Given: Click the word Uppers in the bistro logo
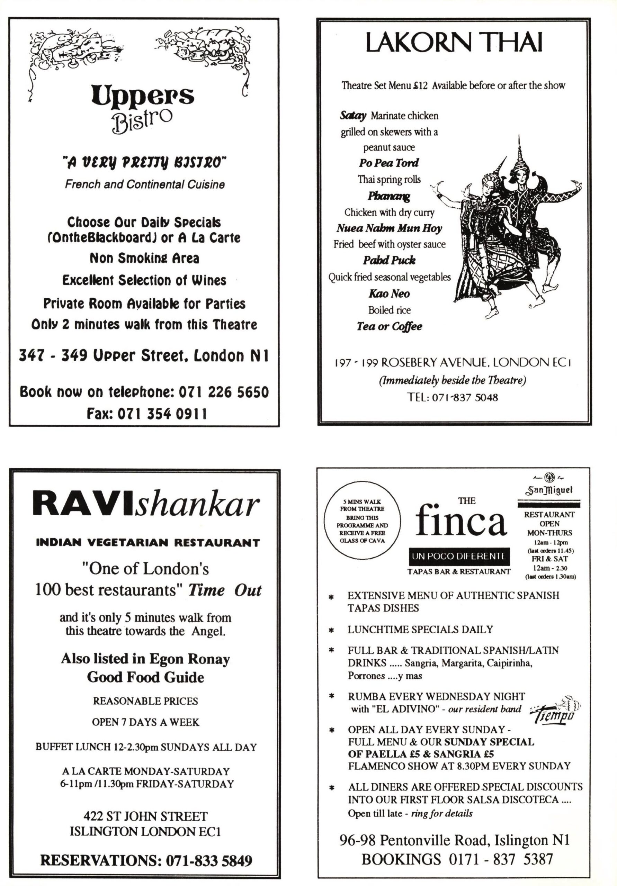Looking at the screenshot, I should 143,96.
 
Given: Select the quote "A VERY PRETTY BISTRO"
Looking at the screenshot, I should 145,163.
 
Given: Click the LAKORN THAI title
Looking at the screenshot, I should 454,43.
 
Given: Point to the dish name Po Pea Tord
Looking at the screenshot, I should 388,163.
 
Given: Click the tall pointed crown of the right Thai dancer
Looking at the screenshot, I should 519,154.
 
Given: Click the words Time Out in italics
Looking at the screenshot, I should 225,590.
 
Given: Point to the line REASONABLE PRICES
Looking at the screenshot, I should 145,701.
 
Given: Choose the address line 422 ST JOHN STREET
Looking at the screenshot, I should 145,816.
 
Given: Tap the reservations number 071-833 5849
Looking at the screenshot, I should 208,860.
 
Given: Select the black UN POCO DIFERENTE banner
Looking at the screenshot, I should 459,556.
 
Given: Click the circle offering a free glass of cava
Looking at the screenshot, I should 362,521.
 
